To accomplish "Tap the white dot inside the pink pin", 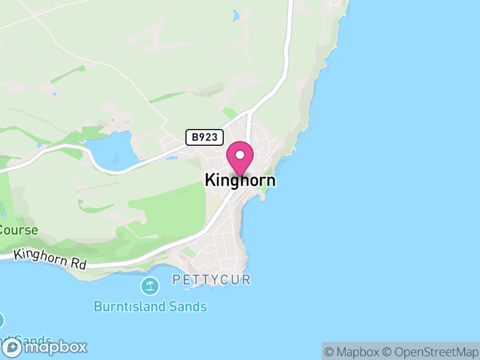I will [240, 155].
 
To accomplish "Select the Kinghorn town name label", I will [240, 180].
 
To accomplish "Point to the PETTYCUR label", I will [211, 280].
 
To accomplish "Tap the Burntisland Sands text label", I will [150, 307].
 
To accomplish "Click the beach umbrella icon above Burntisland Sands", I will [149, 286].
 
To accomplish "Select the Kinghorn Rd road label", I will [50, 259].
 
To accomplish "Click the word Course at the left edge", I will [19, 230].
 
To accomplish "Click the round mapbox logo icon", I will [13, 347].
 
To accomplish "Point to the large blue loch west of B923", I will [111, 150].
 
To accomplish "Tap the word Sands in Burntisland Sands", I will [187, 307].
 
